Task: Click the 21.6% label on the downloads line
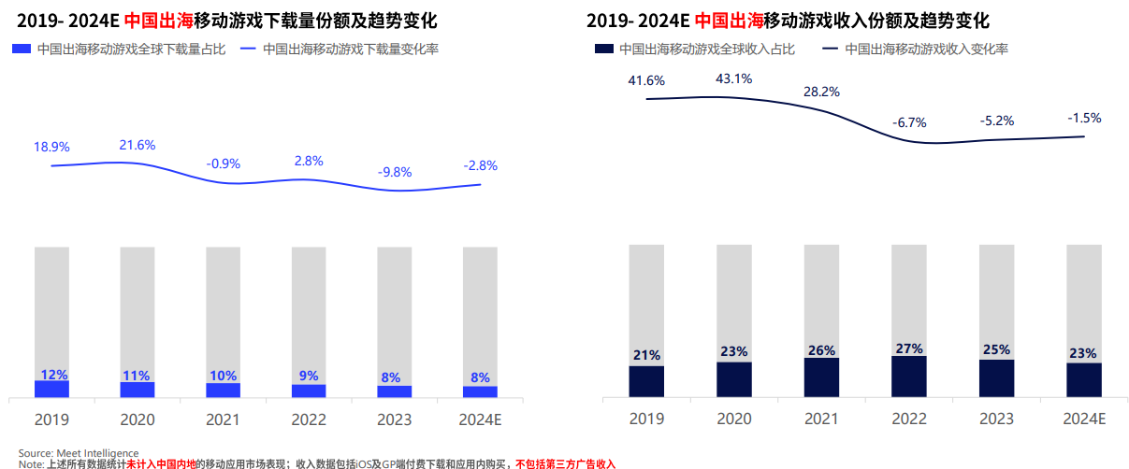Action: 137,145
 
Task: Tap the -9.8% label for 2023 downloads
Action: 395,172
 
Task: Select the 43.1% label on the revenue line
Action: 733,78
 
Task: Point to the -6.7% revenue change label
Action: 908,122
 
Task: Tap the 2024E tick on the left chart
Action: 480,419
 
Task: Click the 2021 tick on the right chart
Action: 821,419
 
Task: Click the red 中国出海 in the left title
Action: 157,20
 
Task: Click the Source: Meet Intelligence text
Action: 79,453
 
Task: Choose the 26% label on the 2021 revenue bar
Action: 821,350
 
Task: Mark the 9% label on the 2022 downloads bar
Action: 309,376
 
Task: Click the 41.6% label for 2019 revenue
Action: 646,81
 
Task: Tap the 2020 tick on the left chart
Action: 138,419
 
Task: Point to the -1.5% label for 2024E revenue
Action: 1084,118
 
